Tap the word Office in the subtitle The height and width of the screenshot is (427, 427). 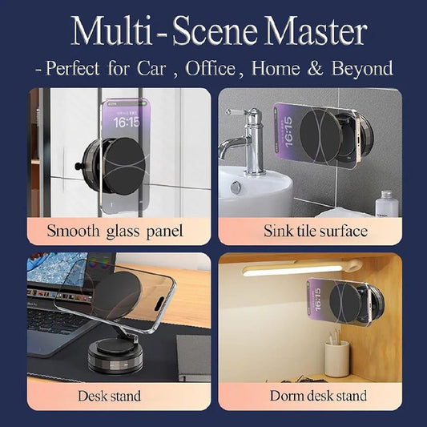[210, 68]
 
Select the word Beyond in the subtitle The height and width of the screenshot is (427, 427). [358, 68]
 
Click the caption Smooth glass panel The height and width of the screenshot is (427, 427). [115, 232]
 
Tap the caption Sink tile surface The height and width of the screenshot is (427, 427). [315, 232]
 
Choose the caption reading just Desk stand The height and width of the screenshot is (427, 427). [110, 396]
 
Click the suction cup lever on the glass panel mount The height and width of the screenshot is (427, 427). [79, 167]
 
